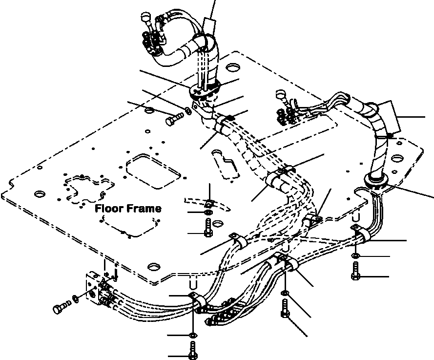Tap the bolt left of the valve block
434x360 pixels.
[60, 308]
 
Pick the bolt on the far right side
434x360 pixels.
[355, 271]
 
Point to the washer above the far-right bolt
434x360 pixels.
[355, 256]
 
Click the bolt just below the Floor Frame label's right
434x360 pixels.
[207, 228]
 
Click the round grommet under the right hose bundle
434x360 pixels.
[376, 182]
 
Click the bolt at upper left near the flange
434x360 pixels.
[174, 119]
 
